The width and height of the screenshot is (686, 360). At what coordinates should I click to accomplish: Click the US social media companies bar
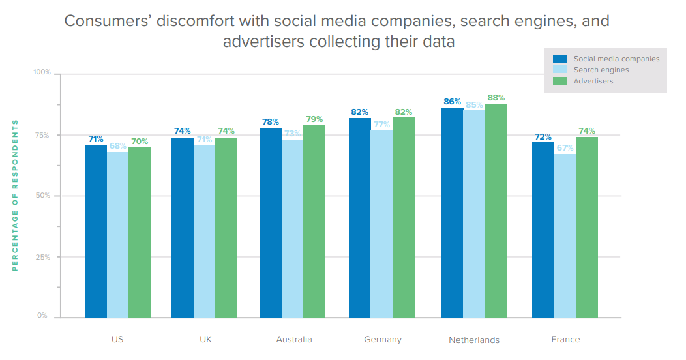click(96, 231)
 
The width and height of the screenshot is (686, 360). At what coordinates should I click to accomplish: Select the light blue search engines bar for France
click(565, 235)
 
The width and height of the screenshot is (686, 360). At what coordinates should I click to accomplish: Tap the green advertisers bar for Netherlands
click(496, 211)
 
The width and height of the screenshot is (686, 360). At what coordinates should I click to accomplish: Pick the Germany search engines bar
click(381, 224)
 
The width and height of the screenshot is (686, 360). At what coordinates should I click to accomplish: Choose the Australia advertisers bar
click(314, 221)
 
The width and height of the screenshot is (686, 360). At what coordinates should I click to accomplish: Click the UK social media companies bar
click(183, 228)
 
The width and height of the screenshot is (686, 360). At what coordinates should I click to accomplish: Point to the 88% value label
click(496, 98)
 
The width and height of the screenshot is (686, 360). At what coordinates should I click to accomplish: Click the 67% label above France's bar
click(565, 148)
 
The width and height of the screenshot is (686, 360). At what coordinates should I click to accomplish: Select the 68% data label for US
click(118, 145)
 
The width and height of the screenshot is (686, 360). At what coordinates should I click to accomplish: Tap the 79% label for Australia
click(314, 119)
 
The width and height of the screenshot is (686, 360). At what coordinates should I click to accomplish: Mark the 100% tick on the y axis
click(42, 72)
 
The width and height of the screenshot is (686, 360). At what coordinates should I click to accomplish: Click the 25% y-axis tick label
click(42, 257)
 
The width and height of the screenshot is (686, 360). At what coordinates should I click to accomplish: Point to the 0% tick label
click(42, 316)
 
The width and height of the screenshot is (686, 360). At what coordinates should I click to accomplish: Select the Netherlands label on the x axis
click(474, 340)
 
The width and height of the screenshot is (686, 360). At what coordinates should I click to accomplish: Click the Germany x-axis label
click(383, 340)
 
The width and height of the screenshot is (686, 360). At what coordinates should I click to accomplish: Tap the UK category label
click(205, 340)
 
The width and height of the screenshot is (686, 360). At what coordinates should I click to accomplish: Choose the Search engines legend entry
click(601, 70)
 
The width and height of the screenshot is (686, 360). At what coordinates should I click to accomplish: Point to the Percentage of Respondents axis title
click(15, 195)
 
